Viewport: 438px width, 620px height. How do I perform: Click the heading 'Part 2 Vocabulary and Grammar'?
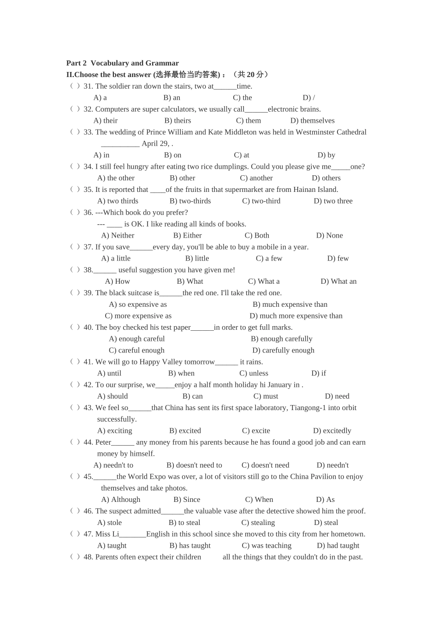(122, 63)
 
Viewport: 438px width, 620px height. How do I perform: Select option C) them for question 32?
(248, 120)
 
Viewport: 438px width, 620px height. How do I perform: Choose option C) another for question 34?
(256, 178)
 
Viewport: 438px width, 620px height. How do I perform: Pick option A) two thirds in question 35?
(118, 201)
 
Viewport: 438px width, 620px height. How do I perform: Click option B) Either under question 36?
(187, 235)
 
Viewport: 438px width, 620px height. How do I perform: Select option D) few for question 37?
(338, 258)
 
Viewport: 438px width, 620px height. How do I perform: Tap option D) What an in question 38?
(338, 281)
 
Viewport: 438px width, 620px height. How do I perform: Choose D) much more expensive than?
(296, 316)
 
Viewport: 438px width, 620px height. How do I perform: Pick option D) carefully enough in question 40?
(283, 350)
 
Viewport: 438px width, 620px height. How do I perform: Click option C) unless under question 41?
(254, 373)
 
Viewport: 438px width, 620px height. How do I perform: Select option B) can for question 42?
(192, 396)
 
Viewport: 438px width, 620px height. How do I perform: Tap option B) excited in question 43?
(185, 431)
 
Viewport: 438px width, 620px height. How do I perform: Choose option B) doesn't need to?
(194, 465)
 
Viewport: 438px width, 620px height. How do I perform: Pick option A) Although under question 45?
(120, 500)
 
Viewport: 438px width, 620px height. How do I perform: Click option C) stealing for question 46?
(258, 523)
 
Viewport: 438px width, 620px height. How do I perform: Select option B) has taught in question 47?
(190, 546)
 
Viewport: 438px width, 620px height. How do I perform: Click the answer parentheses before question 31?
(75, 86)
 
